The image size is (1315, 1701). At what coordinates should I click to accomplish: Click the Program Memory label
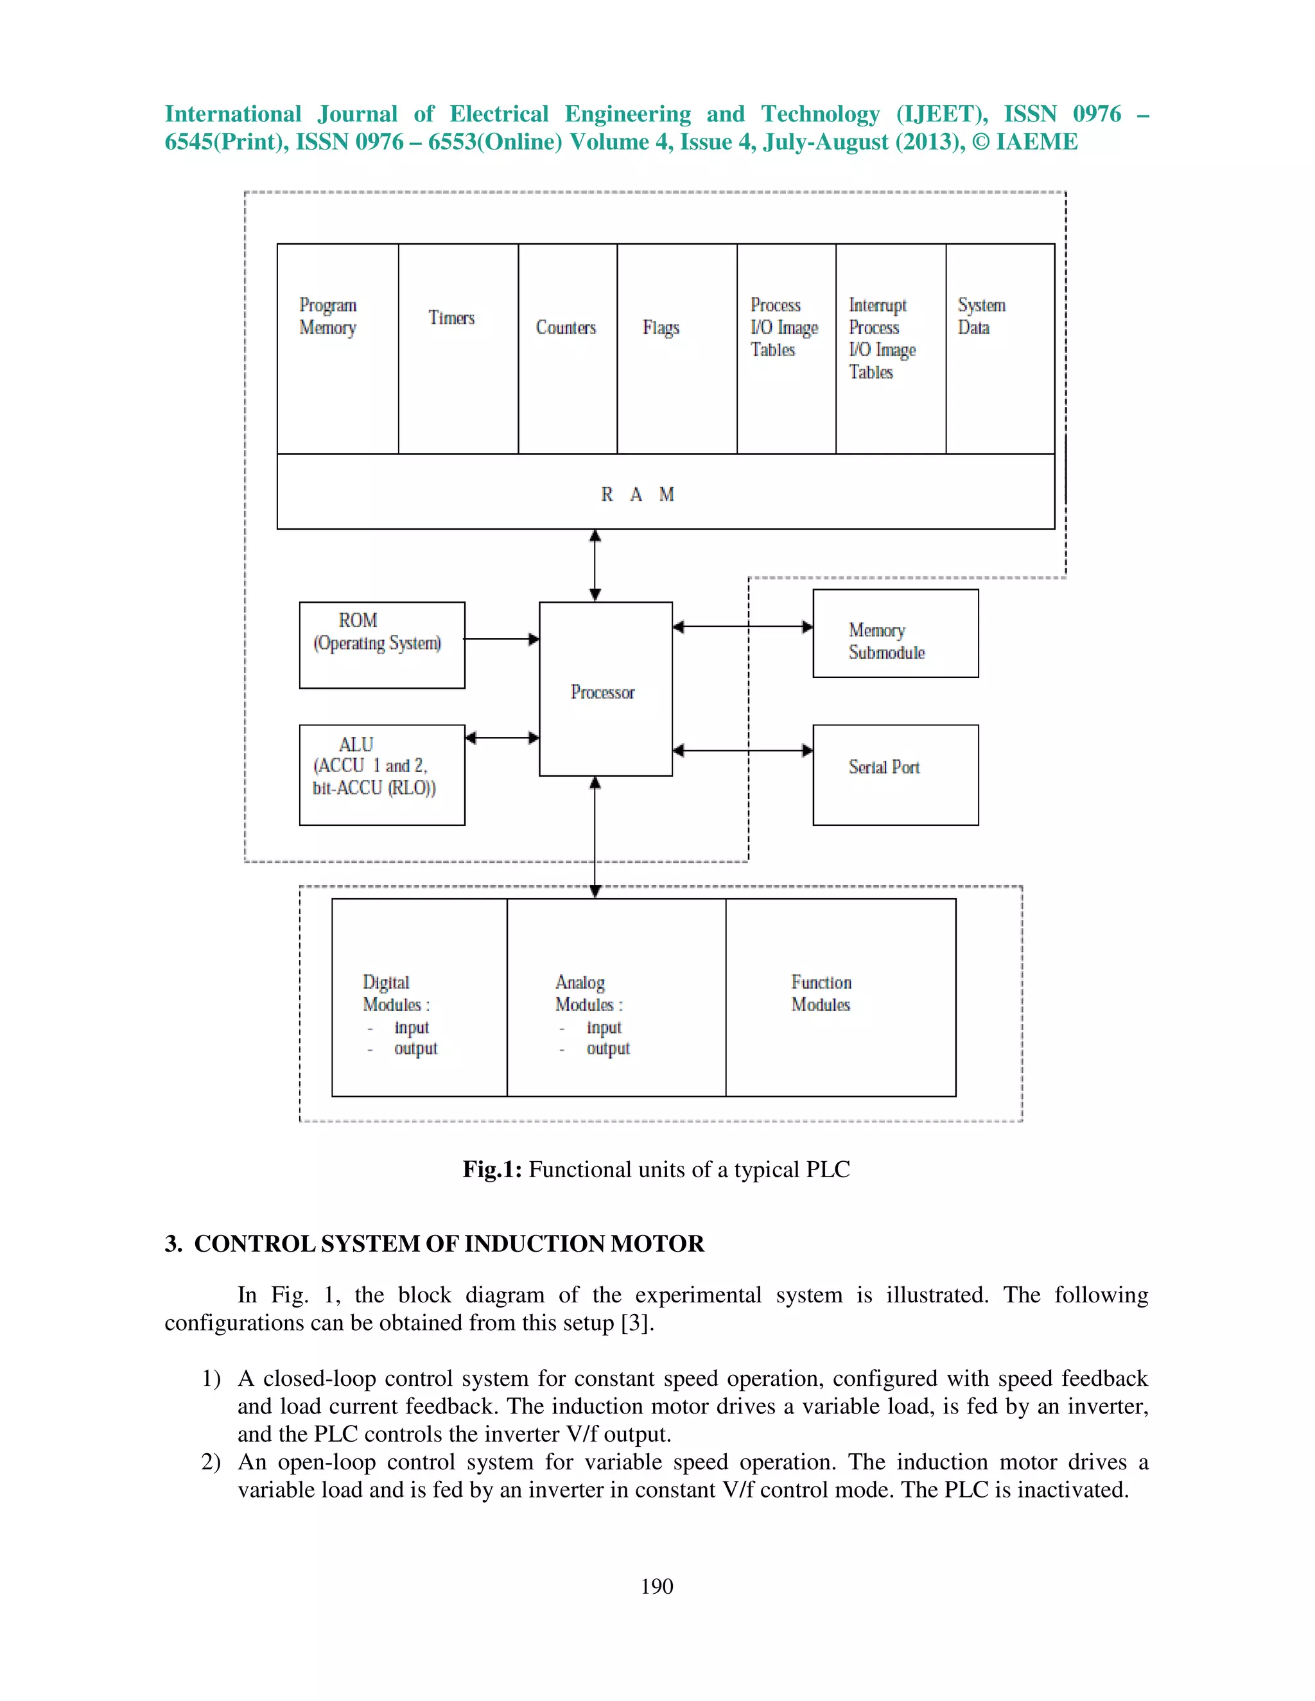(328, 316)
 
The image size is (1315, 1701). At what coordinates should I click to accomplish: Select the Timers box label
(451, 318)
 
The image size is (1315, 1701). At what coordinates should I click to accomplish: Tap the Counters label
(566, 328)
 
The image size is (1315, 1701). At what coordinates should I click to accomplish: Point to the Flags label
(661, 328)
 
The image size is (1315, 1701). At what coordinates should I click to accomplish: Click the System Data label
(981, 316)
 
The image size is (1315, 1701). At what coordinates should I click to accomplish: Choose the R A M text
(636, 494)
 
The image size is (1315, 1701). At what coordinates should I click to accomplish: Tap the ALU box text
(374, 766)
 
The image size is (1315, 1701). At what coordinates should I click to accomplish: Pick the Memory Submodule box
(895, 633)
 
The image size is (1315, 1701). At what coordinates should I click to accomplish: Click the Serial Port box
(895, 774)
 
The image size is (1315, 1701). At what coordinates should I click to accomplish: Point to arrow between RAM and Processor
(595, 566)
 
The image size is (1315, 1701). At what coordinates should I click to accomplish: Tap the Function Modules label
(821, 993)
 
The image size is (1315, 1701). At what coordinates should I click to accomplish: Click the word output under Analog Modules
(607, 1048)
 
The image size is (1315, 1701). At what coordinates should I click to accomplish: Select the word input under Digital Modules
(412, 1027)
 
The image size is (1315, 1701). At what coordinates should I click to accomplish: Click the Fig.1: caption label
(492, 1169)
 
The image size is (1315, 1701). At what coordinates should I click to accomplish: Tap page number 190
(657, 1587)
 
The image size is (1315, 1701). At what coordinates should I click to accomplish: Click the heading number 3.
(173, 1243)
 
